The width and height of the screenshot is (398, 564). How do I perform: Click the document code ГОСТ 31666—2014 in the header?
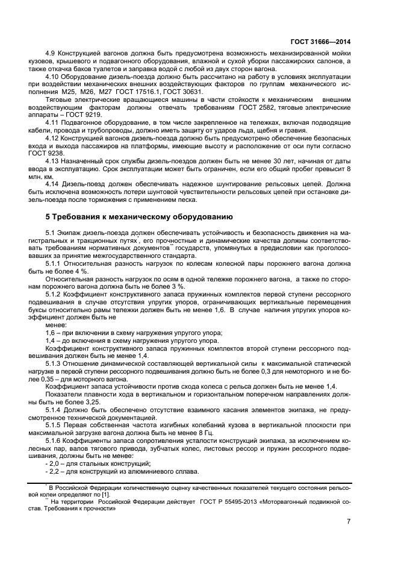pyautogui.click(x=321, y=42)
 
